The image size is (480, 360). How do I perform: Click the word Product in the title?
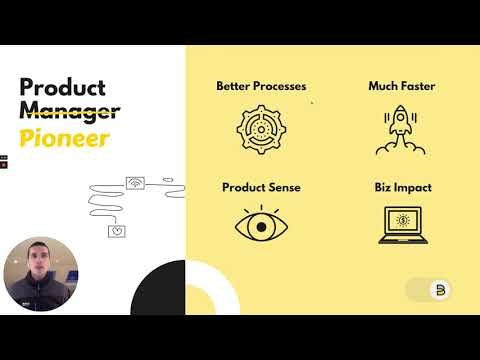point(62,87)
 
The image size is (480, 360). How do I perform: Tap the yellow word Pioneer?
point(63,138)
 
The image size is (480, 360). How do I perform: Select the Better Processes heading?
point(261,86)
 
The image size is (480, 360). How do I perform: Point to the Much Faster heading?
point(400,86)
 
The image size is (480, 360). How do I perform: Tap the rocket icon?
point(400,131)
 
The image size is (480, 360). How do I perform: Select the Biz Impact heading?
point(400,187)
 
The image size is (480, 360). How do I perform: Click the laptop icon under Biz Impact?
point(400,225)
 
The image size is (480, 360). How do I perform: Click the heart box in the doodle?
point(117,231)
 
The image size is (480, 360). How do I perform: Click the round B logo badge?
point(443,291)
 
